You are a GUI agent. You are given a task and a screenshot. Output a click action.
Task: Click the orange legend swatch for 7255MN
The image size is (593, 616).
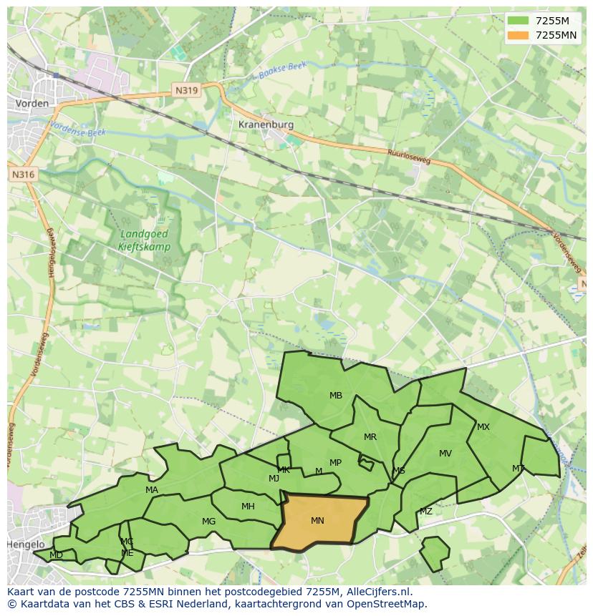click(x=519, y=35)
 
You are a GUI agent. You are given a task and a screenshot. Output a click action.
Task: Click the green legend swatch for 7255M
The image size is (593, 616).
click(x=519, y=21)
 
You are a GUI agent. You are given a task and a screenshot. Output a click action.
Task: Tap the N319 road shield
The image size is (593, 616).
click(x=186, y=90)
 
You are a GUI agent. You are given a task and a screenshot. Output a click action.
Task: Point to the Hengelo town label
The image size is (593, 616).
click(x=26, y=544)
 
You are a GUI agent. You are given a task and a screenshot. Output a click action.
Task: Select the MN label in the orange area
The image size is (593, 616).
click(x=317, y=521)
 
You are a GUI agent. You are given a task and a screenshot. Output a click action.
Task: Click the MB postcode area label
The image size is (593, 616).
click(x=336, y=396)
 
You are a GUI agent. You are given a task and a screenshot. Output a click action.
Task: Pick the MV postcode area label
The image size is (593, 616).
click(x=445, y=454)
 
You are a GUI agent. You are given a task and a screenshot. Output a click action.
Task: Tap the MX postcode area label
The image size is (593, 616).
click(x=483, y=427)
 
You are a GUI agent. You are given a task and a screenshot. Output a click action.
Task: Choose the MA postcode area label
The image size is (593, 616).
click(x=152, y=490)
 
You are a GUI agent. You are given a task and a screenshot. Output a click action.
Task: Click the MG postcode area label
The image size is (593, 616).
click(x=208, y=522)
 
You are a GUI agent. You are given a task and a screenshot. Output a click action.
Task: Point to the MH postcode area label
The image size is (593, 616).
click(x=248, y=507)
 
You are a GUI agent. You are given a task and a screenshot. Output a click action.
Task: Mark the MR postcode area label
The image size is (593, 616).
click(x=370, y=437)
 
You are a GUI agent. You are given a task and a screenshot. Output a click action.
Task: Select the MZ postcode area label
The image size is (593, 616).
click(x=426, y=512)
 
